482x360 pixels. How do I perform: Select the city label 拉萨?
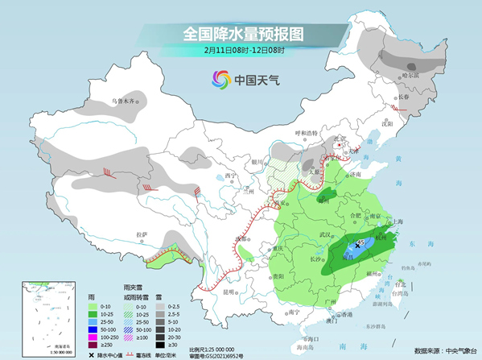(142, 234)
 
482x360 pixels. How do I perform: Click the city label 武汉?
(327, 234)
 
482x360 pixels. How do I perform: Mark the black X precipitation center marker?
(356, 246)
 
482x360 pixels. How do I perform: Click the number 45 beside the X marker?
(361, 241)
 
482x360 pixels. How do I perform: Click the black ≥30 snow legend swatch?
(161, 344)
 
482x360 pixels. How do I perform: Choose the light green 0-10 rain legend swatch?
(93, 308)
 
